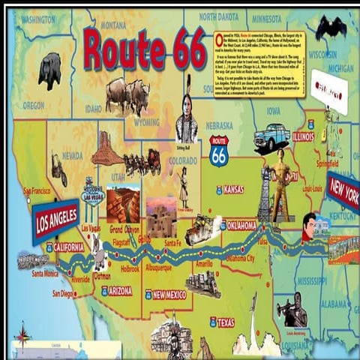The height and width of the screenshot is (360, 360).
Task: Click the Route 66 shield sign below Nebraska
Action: click(x=219, y=151)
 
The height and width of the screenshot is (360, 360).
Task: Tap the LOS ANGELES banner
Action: click(x=56, y=221)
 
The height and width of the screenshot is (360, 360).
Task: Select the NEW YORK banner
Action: click(x=343, y=193)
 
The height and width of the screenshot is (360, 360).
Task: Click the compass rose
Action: click(x=22, y=334)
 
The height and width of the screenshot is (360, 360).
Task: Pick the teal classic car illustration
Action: click(x=271, y=136)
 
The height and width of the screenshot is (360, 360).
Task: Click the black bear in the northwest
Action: click(x=49, y=70)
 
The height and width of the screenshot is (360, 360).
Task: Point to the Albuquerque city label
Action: click(x=158, y=267)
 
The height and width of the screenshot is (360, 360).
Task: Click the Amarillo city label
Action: click(x=204, y=264)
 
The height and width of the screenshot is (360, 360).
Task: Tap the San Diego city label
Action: click(x=63, y=293)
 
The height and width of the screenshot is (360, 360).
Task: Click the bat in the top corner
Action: click(x=330, y=28)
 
